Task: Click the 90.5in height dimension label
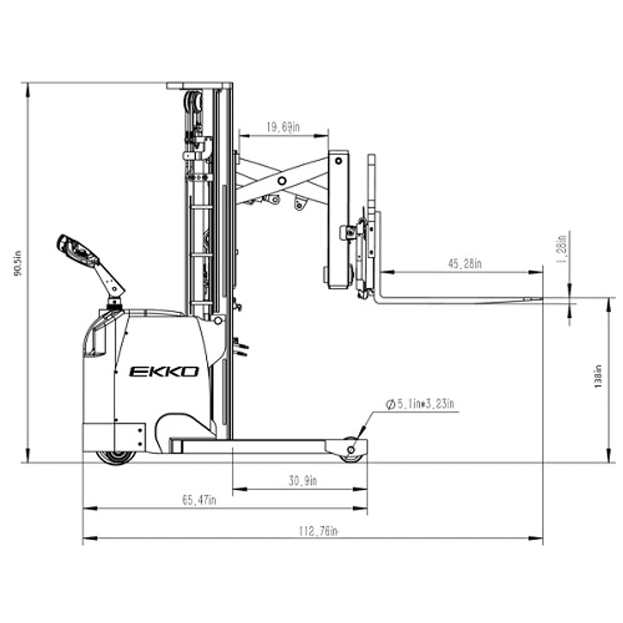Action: pos(17,263)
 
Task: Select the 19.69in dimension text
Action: pos(283,127)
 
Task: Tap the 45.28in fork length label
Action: pos(464,264)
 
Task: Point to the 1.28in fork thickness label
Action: pos(561,249)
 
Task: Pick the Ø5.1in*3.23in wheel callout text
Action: pos(420,404)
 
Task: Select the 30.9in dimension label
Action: pos(303,481)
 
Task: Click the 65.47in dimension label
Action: pos(199,500)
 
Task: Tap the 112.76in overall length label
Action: pos(318,531)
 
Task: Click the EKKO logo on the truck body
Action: pos(164,371)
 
